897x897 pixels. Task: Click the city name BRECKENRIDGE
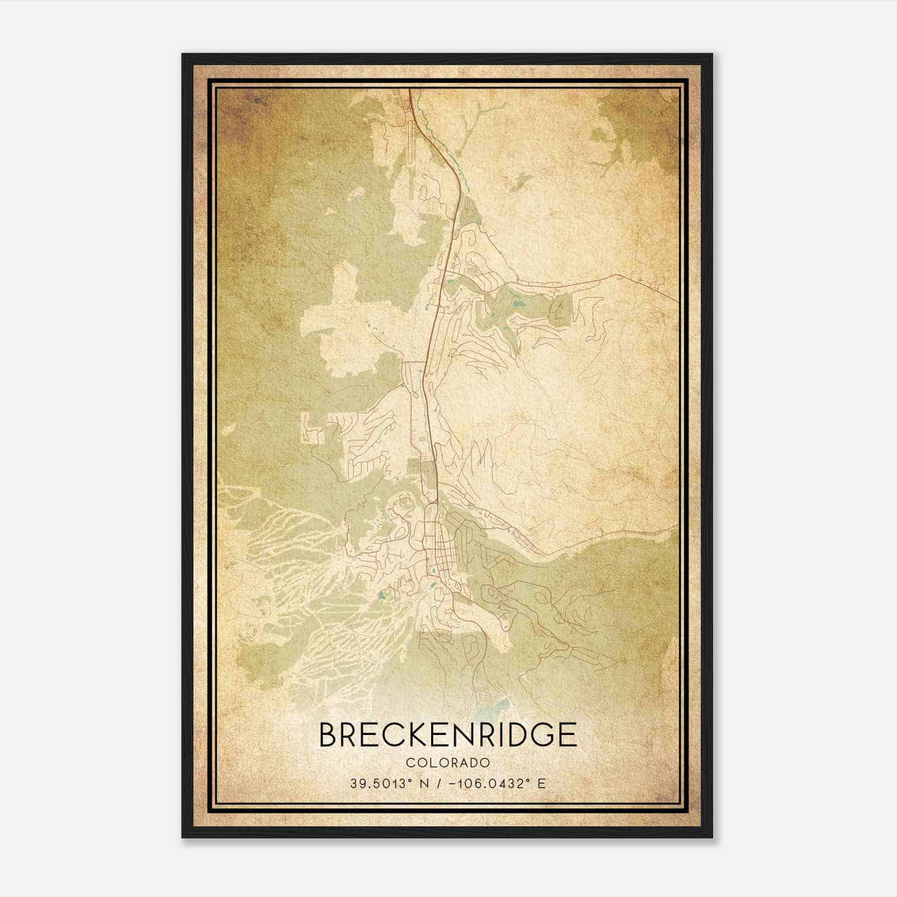click(448, 734)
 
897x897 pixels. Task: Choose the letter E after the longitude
click(541, 783)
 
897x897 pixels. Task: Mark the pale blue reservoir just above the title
click(493, 709)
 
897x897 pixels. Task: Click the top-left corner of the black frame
click(183, 54)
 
